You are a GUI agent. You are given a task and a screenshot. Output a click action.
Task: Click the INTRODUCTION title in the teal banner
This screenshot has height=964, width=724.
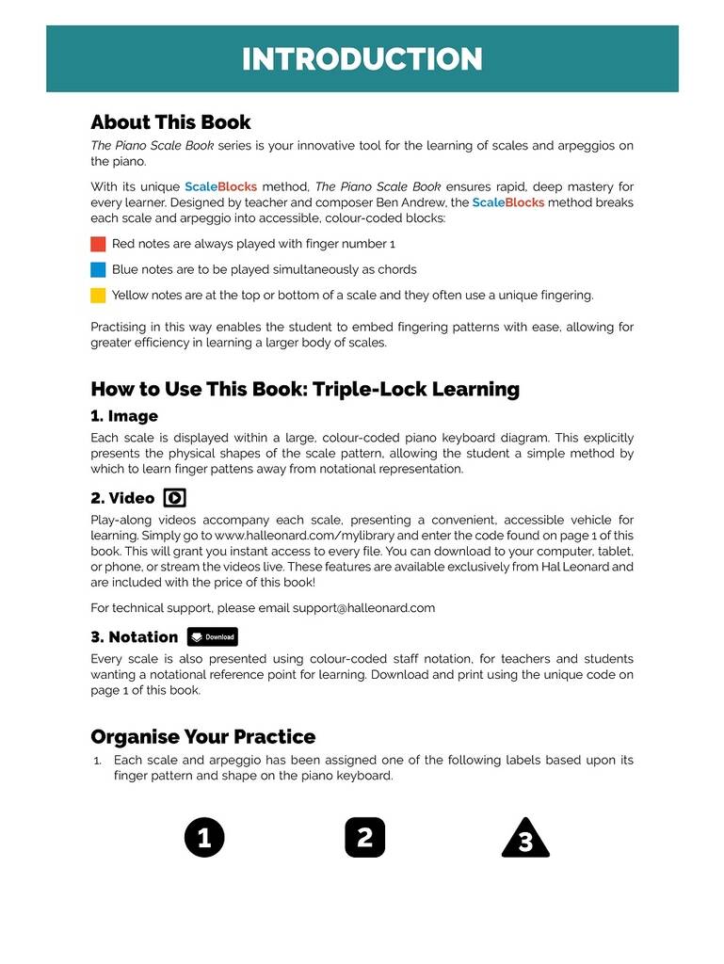[x=362, y=58]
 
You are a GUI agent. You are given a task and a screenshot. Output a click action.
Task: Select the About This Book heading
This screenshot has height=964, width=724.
[x=170, y=122]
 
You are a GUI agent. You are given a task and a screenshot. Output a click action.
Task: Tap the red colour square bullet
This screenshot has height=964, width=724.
[x=98, y=244]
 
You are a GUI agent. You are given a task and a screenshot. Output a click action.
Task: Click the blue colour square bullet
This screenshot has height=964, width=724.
[x=98, y=269]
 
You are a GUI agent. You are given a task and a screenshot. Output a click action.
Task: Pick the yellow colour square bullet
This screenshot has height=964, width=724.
[x=98, y=296]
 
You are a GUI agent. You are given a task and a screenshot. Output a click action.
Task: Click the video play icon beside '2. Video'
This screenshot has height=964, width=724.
[x=174, y=498]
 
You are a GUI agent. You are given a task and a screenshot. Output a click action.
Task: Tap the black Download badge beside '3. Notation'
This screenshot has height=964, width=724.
[x=212, y=636]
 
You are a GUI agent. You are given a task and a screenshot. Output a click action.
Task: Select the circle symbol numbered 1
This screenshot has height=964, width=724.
[x=204, y=837]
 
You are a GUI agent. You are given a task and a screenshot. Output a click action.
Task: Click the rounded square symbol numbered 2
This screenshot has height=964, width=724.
[x=365, y=837]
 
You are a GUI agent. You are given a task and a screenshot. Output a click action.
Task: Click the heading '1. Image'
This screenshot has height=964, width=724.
[x=124, y=416]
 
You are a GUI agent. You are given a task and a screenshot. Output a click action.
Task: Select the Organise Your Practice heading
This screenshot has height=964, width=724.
[x=202, y=736]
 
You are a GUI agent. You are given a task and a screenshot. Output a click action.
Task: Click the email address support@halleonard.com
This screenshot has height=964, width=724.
[x=363, y=607]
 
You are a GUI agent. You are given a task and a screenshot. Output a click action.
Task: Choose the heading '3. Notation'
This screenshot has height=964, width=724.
[x=134, y=636]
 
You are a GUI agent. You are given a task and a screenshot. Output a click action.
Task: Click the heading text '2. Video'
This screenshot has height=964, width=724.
[x=122, y=498]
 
